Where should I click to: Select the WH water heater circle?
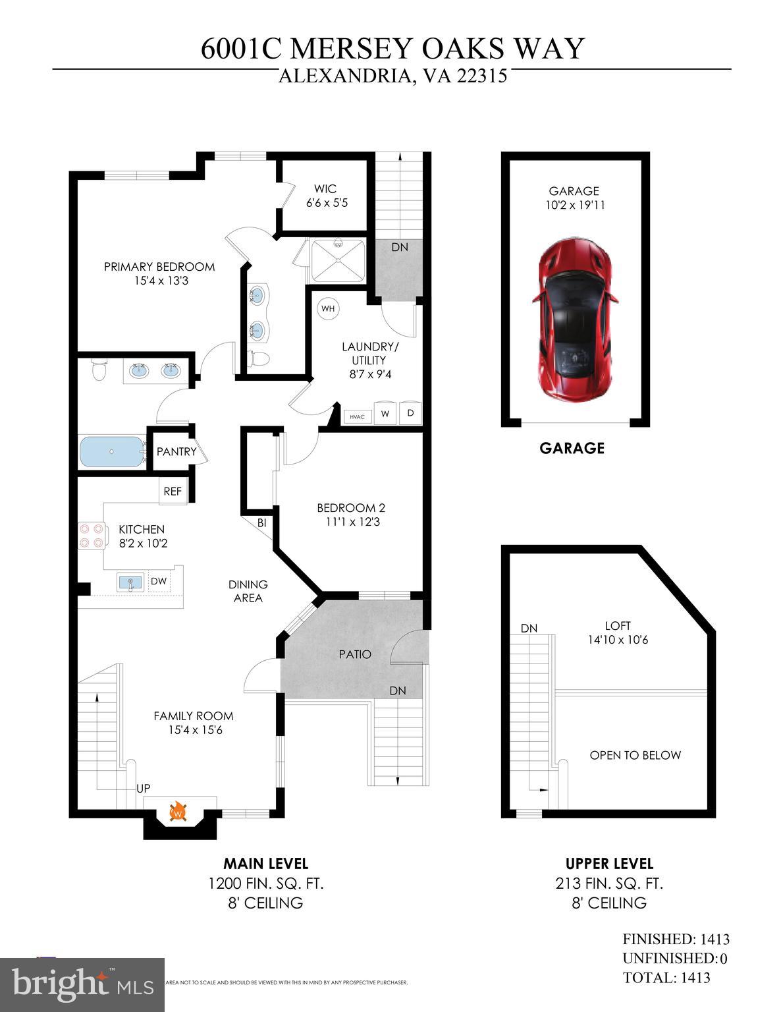327,308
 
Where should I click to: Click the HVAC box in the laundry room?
358,416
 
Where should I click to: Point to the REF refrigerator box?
173,492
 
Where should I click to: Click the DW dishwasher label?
158,581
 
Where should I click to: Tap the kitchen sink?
130,582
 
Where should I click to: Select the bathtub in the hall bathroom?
111,452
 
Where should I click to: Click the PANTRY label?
176,452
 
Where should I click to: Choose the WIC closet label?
325,189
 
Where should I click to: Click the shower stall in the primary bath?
338,261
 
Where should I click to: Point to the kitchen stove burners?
91,535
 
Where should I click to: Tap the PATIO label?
355,654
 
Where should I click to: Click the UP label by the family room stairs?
143,789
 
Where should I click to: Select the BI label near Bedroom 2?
261,523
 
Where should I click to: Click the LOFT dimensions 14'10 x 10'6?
618,640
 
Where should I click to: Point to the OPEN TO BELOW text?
635,755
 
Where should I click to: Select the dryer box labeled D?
410,414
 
